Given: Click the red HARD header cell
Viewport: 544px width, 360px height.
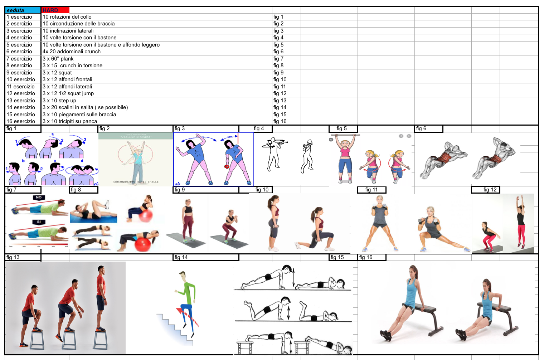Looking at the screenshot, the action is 55,10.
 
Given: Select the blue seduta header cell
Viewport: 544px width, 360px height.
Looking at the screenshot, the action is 23,10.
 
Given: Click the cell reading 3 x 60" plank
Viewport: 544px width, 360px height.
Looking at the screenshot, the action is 70,58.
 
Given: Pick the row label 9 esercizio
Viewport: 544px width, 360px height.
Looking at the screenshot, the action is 23,73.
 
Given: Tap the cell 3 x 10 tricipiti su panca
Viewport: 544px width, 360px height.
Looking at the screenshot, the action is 70,121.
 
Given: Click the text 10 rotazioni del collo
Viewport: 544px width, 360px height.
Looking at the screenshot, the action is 67,17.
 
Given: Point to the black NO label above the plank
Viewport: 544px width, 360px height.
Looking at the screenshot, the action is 39,198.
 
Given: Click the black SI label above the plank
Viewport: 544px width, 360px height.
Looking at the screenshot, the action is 39,222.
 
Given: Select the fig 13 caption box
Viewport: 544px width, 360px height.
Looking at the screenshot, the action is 23,257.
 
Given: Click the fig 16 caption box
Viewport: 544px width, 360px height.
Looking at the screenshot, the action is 372,257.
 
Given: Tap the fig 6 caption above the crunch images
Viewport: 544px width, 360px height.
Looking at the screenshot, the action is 429,129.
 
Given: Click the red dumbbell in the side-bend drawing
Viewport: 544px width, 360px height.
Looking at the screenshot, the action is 227,166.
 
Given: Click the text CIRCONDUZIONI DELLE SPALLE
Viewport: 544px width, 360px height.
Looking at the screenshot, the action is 136,182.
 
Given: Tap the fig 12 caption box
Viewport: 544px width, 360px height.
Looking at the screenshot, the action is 486,190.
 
